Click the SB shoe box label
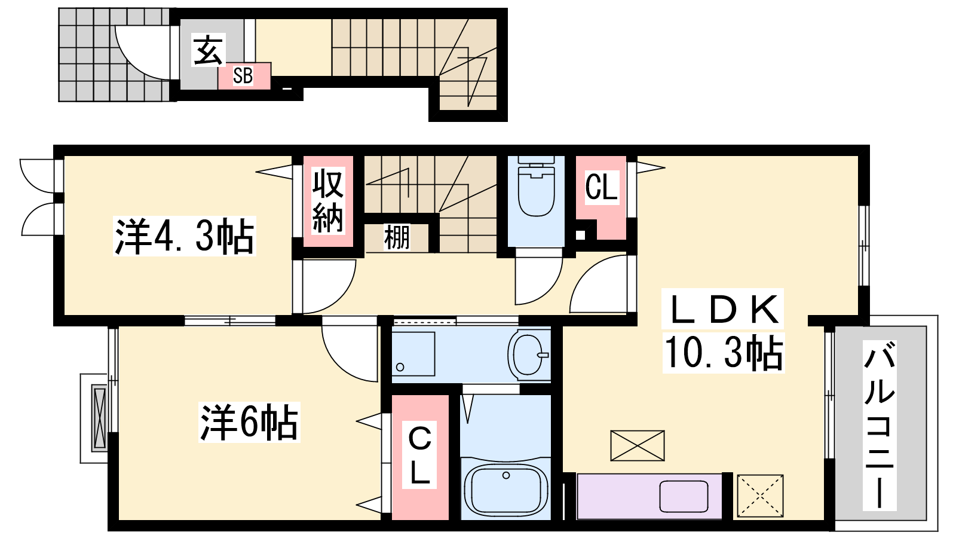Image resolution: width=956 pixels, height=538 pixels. (243, 76)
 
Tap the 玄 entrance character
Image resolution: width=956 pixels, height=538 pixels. (208, 50)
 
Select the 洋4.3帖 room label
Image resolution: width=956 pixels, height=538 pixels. (185, 236)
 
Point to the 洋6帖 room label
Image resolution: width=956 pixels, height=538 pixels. (249, 422)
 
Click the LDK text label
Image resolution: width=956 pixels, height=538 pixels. (722, 309)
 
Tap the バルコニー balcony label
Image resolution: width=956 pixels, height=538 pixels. (879, 425)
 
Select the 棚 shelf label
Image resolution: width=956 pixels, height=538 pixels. (397, 237)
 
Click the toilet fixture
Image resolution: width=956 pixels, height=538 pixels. (536, 186)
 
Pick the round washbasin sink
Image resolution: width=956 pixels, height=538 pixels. (529, 355)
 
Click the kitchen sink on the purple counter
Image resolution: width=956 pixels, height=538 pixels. (684, 497)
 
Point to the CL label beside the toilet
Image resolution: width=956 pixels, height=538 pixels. (601, 187)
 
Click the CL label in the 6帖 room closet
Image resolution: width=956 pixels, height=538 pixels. (419, 456)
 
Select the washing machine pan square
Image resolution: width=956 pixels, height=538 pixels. (413, 354)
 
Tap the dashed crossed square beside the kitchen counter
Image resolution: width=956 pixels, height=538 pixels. (760, 496)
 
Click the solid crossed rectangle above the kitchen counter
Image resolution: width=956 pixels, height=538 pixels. (637, 445)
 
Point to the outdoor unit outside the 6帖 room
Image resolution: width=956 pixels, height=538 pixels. (99, 418)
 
